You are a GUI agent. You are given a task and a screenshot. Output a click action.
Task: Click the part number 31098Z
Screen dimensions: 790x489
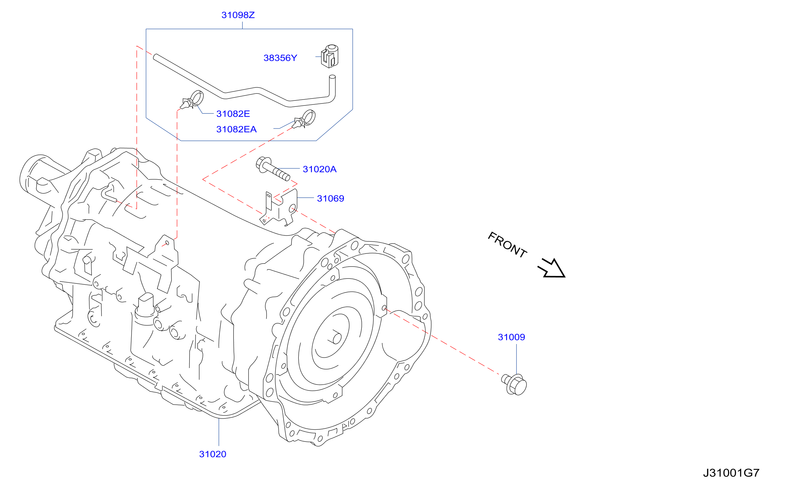(238, 15)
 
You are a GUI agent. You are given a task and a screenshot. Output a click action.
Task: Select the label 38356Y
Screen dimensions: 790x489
(280, 58)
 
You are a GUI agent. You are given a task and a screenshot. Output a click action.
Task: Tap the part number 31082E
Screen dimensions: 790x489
(233, 114)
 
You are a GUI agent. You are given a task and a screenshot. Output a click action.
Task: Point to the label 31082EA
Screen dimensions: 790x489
(236, 129)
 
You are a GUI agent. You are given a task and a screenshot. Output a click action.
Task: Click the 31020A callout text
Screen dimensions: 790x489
(319, 169)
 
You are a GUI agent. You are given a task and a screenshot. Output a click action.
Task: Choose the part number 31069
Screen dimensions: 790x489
(330, 199)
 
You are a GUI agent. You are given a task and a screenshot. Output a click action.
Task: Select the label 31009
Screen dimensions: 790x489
(511, 337)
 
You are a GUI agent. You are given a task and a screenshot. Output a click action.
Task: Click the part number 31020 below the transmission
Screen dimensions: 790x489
(213, 454)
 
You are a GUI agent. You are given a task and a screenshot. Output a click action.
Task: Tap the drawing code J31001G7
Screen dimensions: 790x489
(731, 473)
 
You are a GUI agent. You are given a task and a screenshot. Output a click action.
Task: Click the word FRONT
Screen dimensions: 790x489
(507, 245)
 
